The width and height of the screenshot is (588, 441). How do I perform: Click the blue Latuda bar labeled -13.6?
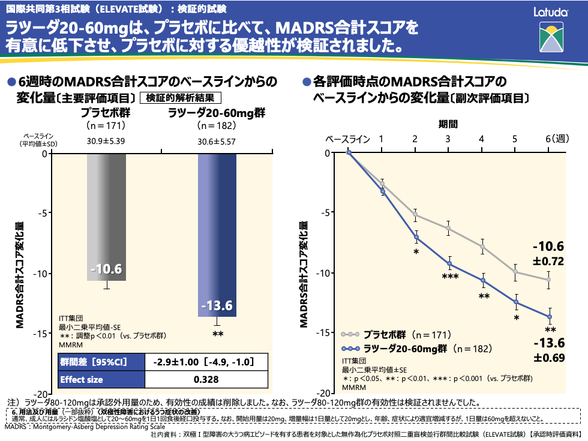click(x=217, y=234)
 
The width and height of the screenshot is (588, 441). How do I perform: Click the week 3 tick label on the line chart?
click(x=448, y=139)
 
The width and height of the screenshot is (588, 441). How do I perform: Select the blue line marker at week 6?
click(x=548, y=316)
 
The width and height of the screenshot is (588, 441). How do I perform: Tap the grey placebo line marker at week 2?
click(x=415, y=214)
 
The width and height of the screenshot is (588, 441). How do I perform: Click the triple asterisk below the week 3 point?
click(x=450, y=277)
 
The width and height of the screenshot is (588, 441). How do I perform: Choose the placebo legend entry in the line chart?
click(x=384, y=334)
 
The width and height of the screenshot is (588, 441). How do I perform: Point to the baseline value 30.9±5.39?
click(x=106, y=141)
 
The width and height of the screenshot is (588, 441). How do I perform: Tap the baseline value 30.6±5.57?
click(x=217, y=141)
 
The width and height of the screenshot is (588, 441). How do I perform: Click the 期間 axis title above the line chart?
click(x=448, y=124)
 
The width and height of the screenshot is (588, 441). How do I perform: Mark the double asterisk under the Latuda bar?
click(x=217, y=335)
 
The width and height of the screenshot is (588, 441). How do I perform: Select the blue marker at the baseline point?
click(x=349, y=153)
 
